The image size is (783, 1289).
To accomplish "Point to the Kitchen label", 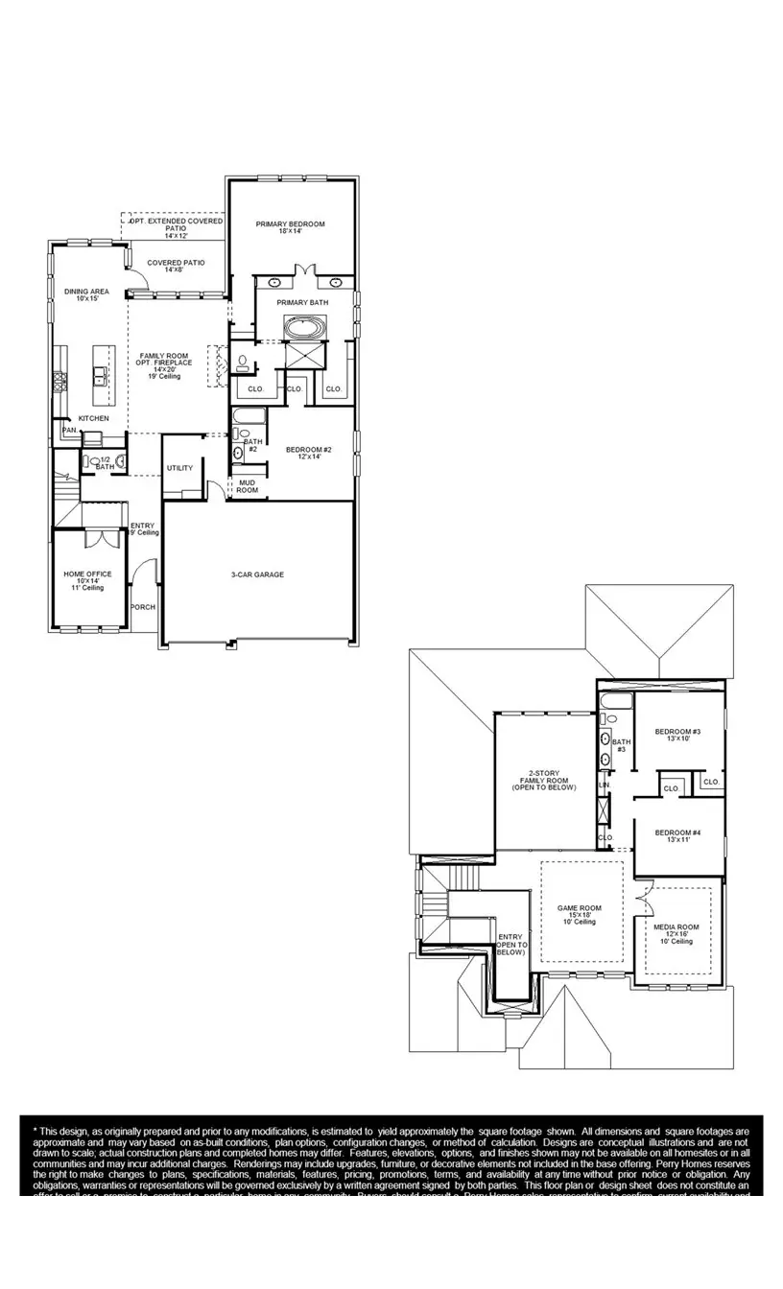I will tap(93, 418).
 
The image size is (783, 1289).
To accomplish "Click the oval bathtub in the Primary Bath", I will tap(304, 328).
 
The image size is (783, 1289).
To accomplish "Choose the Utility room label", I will tap(179, 468).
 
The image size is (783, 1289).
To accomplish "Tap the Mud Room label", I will tap(247, 486).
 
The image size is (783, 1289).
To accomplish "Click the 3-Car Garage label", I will tap(257, 574).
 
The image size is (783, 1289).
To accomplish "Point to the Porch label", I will tap(143, 607).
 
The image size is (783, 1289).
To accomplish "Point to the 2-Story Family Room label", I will tap(543, 779).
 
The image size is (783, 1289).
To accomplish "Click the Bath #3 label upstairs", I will tap(621, 744).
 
